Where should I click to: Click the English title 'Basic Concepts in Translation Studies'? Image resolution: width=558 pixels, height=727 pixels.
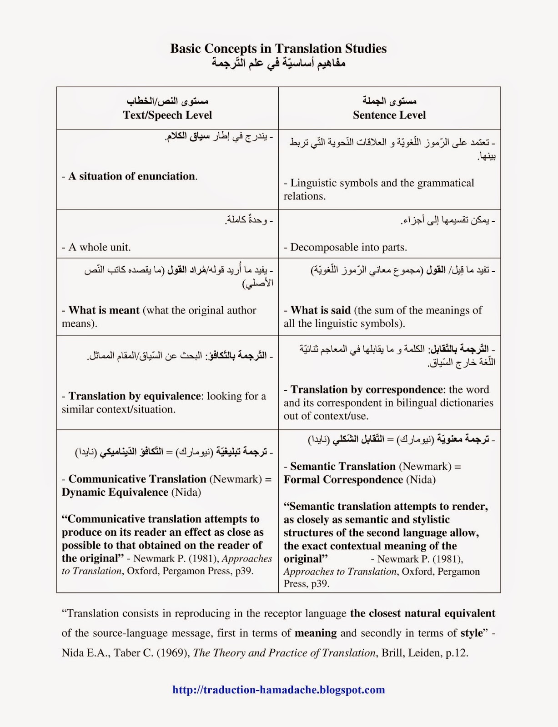point(278,49)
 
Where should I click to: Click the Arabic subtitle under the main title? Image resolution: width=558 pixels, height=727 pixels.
point(278,63)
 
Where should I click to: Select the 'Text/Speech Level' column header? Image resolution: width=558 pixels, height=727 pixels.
point(167,115)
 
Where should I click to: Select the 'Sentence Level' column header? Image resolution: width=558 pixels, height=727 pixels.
point(389,115)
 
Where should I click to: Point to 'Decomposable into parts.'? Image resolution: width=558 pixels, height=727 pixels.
point(348,247)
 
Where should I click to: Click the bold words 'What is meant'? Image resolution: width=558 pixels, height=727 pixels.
point(104,310)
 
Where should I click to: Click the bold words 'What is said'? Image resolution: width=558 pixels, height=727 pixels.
point(320,310)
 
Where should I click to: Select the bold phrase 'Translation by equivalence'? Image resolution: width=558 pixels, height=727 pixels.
point(134,396)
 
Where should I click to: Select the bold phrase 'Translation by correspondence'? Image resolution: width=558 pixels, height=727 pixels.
point(367,389)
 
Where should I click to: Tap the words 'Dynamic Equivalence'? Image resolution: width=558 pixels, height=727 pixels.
point(115,492)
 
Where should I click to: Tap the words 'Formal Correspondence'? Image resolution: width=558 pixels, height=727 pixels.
point(343,479)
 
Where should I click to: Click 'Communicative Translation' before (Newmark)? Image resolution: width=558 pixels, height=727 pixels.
point(137,479)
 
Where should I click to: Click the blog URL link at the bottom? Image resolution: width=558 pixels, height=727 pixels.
point(278,690)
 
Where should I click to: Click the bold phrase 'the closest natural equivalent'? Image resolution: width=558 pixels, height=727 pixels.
point(422,613)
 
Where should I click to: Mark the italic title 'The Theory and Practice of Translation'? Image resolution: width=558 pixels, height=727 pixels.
point(285,653)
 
